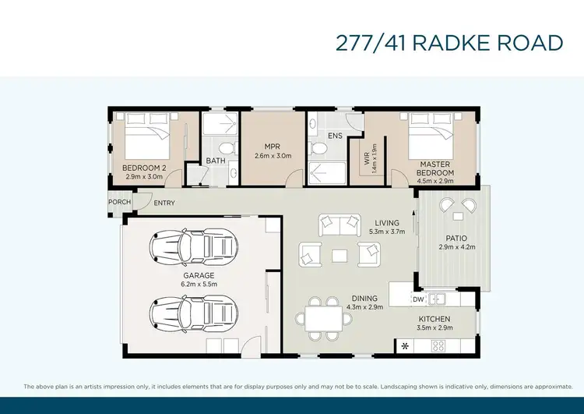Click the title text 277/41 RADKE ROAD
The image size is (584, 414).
pos(449,42)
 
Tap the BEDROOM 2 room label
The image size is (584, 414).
pos(144,168)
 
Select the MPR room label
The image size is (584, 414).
pos(272,146)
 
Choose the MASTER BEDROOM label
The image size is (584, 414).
pos(435,168)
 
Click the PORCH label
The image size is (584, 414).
pos(119,202)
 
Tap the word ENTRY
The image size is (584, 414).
pos(164,203)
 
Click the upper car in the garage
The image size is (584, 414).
pos(192,248)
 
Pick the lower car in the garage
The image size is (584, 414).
pos(192,315)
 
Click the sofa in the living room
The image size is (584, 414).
pos(339,225)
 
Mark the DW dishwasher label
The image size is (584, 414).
pos(418,298)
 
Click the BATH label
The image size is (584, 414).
pos(216,161)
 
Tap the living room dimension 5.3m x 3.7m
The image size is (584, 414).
pos(387,232)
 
